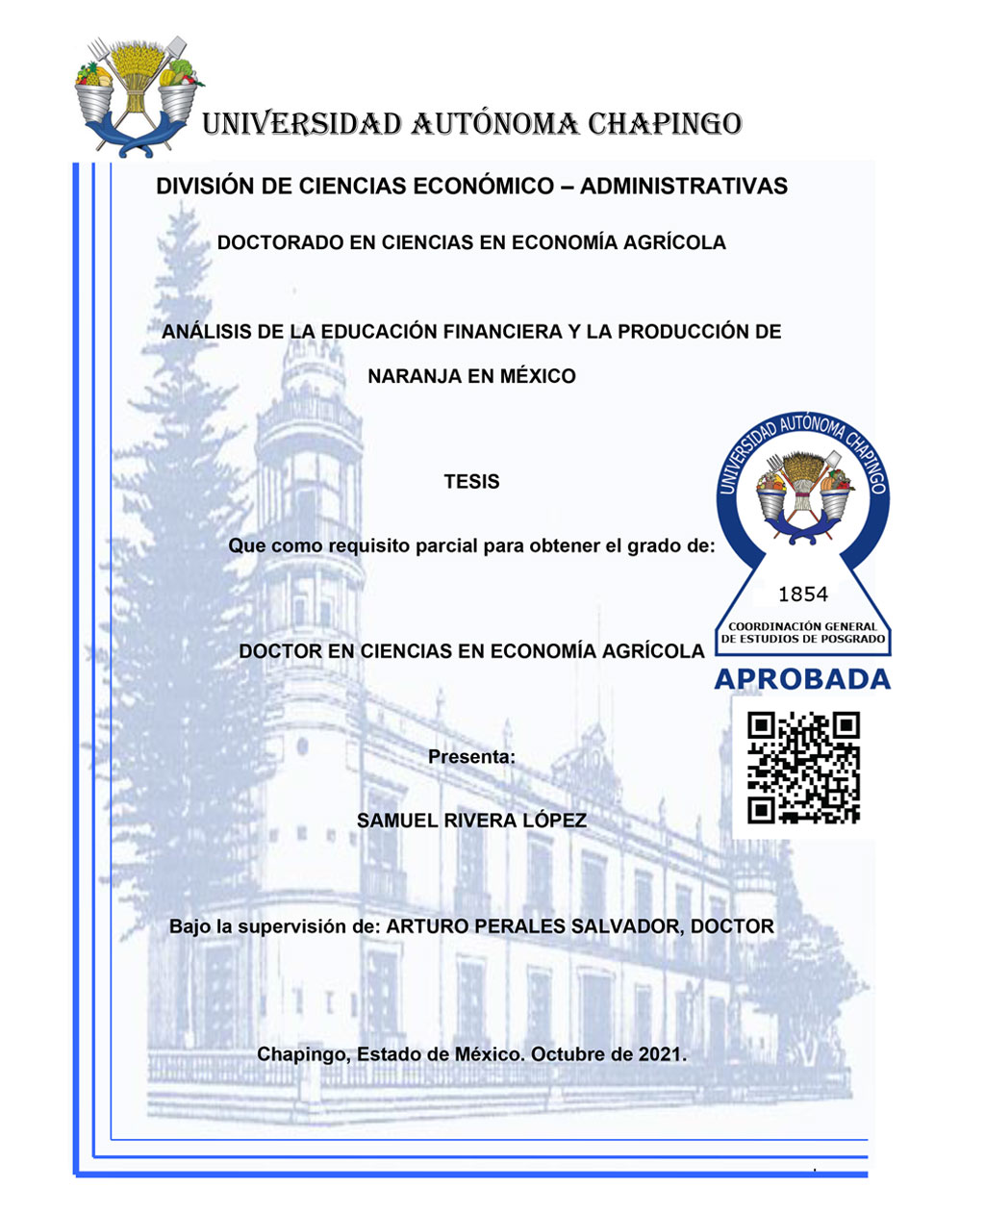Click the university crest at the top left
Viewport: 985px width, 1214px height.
tap(138, 94)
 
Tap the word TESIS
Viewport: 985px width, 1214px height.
tap(471, 482)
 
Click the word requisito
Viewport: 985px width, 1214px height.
tap(369, 546)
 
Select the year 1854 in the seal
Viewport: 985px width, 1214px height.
tap(802, 594)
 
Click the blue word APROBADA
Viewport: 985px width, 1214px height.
tap(801, 679)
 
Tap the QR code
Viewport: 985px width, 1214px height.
tap(803, 767)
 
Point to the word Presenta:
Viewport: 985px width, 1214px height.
tap(471, 757)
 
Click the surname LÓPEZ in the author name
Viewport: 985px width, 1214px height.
tap(554, 822)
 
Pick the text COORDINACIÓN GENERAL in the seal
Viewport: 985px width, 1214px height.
tap(802, 626)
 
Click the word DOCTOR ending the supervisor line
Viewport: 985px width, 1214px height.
tap(732, 927)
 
